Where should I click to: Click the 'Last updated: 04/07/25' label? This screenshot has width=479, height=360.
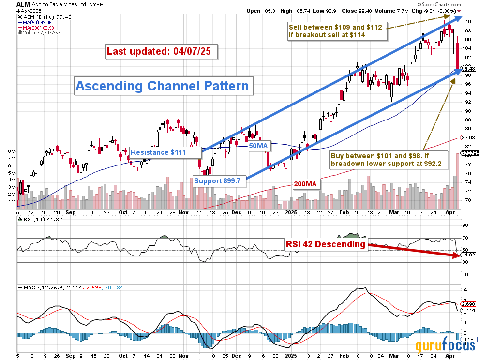pos(162,51)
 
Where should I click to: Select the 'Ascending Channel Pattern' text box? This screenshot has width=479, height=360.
pos(163,86)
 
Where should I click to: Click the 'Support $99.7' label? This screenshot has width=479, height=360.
pos(220,181)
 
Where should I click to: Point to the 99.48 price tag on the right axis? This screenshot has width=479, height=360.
pos(468,69)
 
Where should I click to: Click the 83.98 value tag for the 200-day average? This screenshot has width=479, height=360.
pos(467,138)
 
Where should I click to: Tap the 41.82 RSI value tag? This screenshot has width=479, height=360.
pos(467,255)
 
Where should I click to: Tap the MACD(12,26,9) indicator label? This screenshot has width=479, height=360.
pos(43,287)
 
